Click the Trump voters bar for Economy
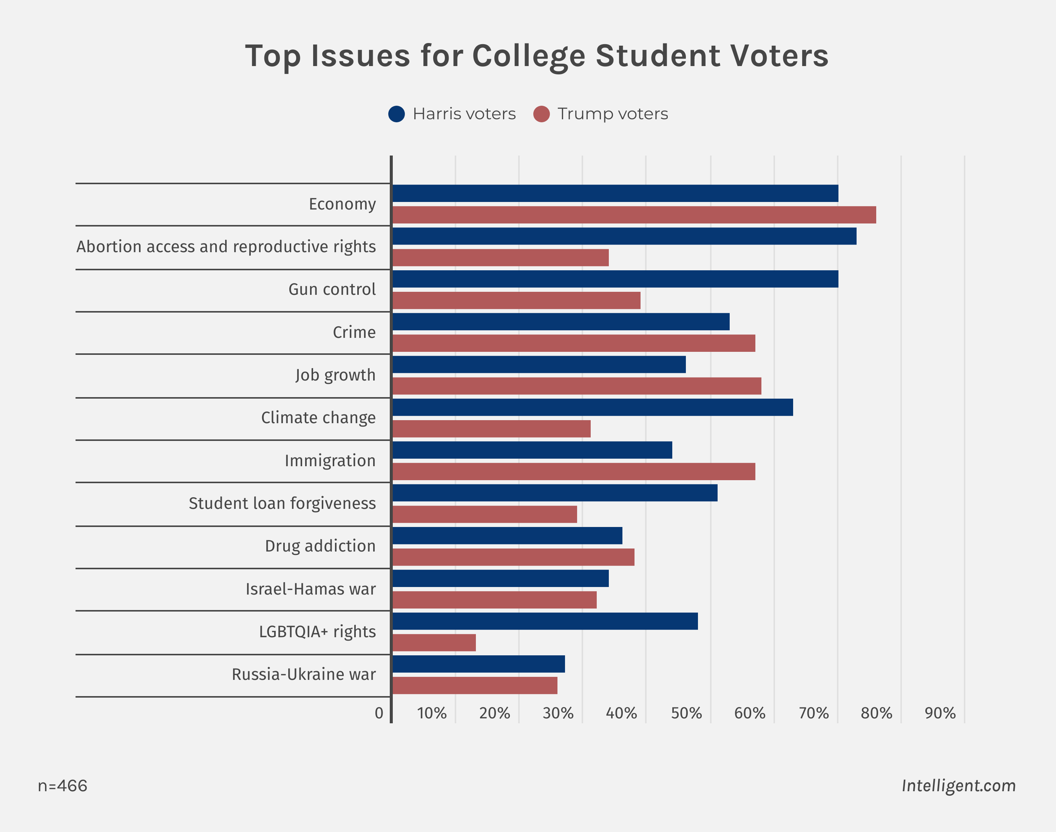pos(633,215)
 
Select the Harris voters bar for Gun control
pos(615,279)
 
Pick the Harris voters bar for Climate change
pos(593,407)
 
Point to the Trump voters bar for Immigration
pos(574,471)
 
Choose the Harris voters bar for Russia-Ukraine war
pos(479,664)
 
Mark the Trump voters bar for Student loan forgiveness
pos(485,515)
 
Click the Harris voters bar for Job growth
pos(539,364)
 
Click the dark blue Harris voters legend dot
pos(397,114)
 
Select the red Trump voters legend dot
pos(541,114)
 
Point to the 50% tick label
pos(686,713)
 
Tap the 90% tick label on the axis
pos(940,713)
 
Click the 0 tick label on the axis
pos(379,713)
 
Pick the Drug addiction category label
pos(320,546)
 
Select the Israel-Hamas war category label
pos(310,589)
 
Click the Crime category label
pos(354,332)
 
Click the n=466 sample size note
pos(62,786)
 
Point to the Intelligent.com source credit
pos(958,785)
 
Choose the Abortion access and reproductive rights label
pos(226,247)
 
